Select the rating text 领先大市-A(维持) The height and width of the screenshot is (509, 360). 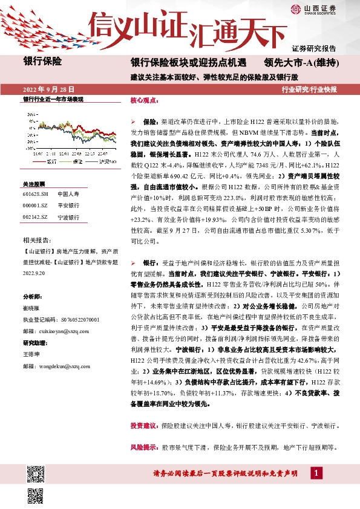tap(300, 62)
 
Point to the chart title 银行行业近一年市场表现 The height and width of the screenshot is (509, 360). tap(53, 99)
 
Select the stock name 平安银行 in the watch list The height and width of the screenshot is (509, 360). tap(68, 206)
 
